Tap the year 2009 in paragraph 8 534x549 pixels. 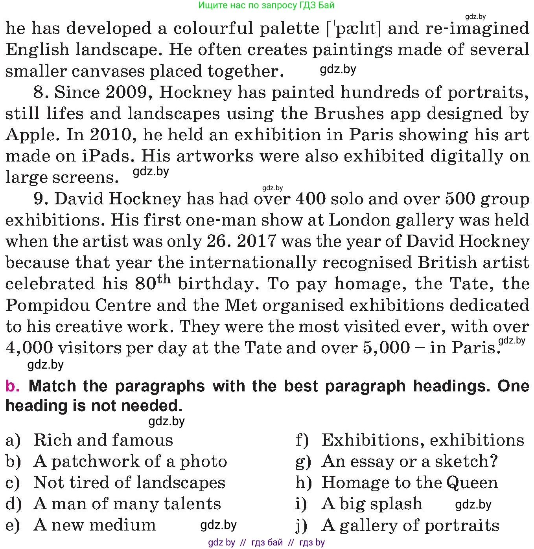(x=126, y=93)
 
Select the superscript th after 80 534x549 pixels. (x=164, y=279)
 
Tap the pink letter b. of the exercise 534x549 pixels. (x=13, y=387)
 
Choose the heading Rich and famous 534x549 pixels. (x=103, y=440)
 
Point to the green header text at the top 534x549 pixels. (x=266, y=6)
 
